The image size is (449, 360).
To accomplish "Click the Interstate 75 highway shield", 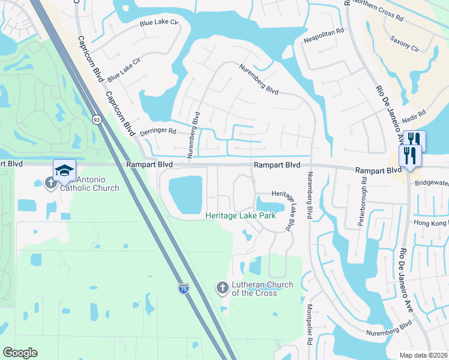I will pyautogui.click(x=183, y=289).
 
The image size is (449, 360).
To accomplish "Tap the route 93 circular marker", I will pyautogui.click(x=96, y=119).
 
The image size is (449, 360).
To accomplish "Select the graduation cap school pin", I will pyautogui.click(x=64, y=170).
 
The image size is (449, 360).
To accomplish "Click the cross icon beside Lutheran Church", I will pyautogui.click(x=222, y=288).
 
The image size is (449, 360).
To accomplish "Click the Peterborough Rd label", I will pyautogui.click(x=363, y=207).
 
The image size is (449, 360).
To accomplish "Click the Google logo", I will pyautogui.click(x=20, y=353).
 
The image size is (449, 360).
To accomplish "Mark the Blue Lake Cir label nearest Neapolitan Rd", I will pyautogui.click(x=159, y=23).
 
